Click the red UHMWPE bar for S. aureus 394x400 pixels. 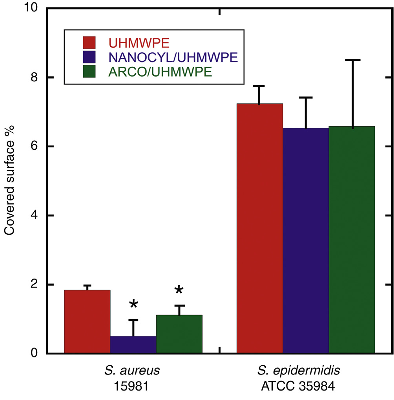point(87,321)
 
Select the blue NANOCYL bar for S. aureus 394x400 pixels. point(133,345)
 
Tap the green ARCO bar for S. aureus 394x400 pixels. point(179,334)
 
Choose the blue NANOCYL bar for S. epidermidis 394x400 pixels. point(305,240)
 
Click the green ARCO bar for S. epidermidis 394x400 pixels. point(352,240)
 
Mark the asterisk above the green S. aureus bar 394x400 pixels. point(179,291)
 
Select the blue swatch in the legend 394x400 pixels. point(89,57)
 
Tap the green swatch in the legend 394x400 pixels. point(89,72)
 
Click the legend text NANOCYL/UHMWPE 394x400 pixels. point(172,57)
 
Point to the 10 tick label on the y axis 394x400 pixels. point(32,9)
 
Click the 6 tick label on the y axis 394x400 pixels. point(36,147)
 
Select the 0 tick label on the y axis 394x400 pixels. point(36,353)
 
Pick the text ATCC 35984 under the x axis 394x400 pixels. point(298,387)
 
